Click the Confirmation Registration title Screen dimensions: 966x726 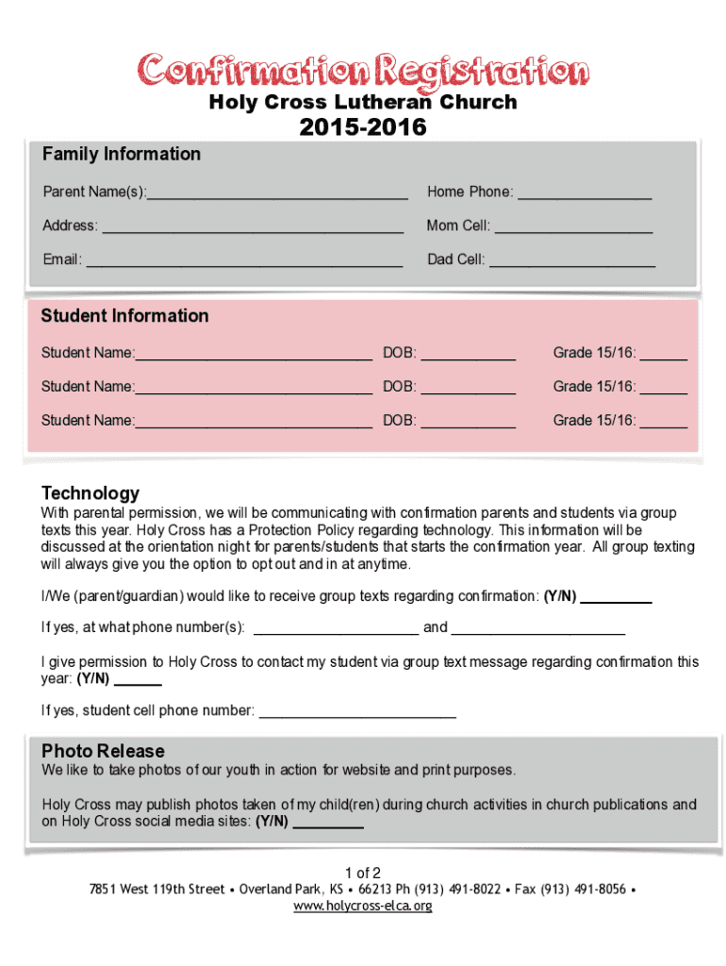[x=363, y=71]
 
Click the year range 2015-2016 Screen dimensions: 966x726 [x=363, y=127]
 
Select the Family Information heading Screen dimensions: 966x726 [x=121, y=154]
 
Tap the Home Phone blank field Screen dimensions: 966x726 [x=585, y=194]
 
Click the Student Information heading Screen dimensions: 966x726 [x=124, y=316]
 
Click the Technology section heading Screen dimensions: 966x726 [x=91, y=492]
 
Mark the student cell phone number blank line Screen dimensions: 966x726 [x=357, y=712]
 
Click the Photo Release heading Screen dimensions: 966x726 [x=103, y=751]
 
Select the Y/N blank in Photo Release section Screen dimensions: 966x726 [x=328, y=824]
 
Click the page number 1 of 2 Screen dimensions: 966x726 [x=363, y=873]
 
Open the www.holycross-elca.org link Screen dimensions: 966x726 [x=363, y=907]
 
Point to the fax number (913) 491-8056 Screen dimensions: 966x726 [x=583, y=890]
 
